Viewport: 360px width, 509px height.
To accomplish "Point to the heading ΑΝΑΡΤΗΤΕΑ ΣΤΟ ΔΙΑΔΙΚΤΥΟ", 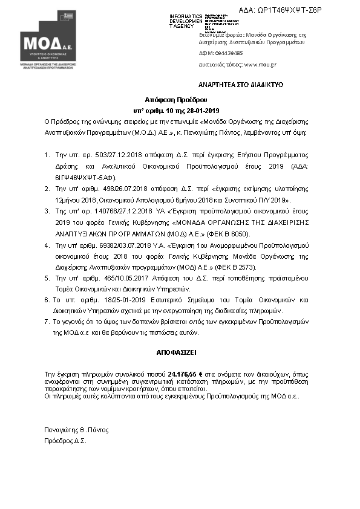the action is coord(241,85).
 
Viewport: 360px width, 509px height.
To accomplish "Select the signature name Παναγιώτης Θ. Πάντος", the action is coord(76,430).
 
